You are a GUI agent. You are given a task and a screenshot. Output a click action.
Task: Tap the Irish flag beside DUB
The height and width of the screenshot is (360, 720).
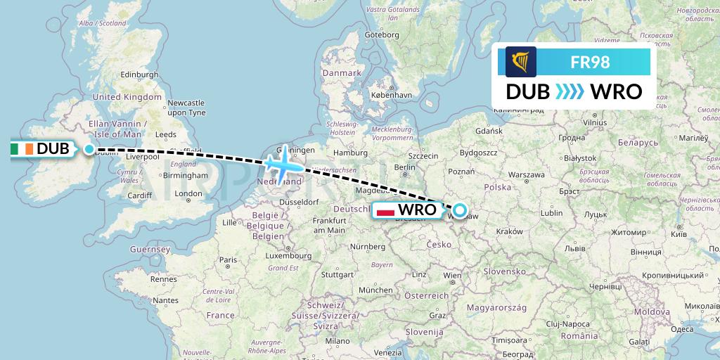point(22,149)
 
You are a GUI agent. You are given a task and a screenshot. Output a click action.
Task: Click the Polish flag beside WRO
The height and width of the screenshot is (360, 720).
point(385,210)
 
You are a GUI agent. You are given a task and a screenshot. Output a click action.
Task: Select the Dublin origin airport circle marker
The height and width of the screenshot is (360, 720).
point(89,149)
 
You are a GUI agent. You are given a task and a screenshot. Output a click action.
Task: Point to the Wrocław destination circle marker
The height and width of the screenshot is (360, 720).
point(459,210)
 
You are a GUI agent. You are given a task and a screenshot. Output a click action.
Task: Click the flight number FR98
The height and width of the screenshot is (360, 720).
point(589,62)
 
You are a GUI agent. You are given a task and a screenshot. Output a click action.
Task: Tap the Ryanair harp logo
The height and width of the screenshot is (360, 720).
point(520,62)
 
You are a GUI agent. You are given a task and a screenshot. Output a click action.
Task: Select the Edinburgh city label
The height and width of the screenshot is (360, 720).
point(141,75)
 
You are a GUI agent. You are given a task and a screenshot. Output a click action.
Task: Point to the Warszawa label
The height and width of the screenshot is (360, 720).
point(527,174)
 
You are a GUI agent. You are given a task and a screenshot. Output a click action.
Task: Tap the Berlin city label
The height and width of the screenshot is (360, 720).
point(405,167)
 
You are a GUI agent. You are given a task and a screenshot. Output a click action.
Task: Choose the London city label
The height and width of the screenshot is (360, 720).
point(188,194)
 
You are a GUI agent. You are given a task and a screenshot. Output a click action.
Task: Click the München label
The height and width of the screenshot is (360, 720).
point(375,290)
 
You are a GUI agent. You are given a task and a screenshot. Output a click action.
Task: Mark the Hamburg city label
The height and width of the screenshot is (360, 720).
point(351,153)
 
